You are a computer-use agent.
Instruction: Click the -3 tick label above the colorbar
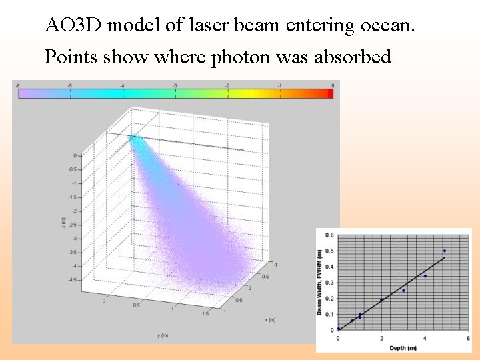(x=175, y=86)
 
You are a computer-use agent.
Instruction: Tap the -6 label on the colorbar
(x=17, y=86)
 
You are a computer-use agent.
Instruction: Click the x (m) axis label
(x=270, y=319)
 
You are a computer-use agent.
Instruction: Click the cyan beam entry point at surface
(x=137, y=140)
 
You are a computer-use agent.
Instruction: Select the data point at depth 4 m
(x=425, y=276)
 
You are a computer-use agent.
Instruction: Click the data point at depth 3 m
(x=403, y=291)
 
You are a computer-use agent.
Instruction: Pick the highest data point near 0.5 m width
(x=445, y=251)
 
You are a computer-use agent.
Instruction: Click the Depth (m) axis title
(x=402, y=347)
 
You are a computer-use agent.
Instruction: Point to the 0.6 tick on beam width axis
(x=329, y=235)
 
